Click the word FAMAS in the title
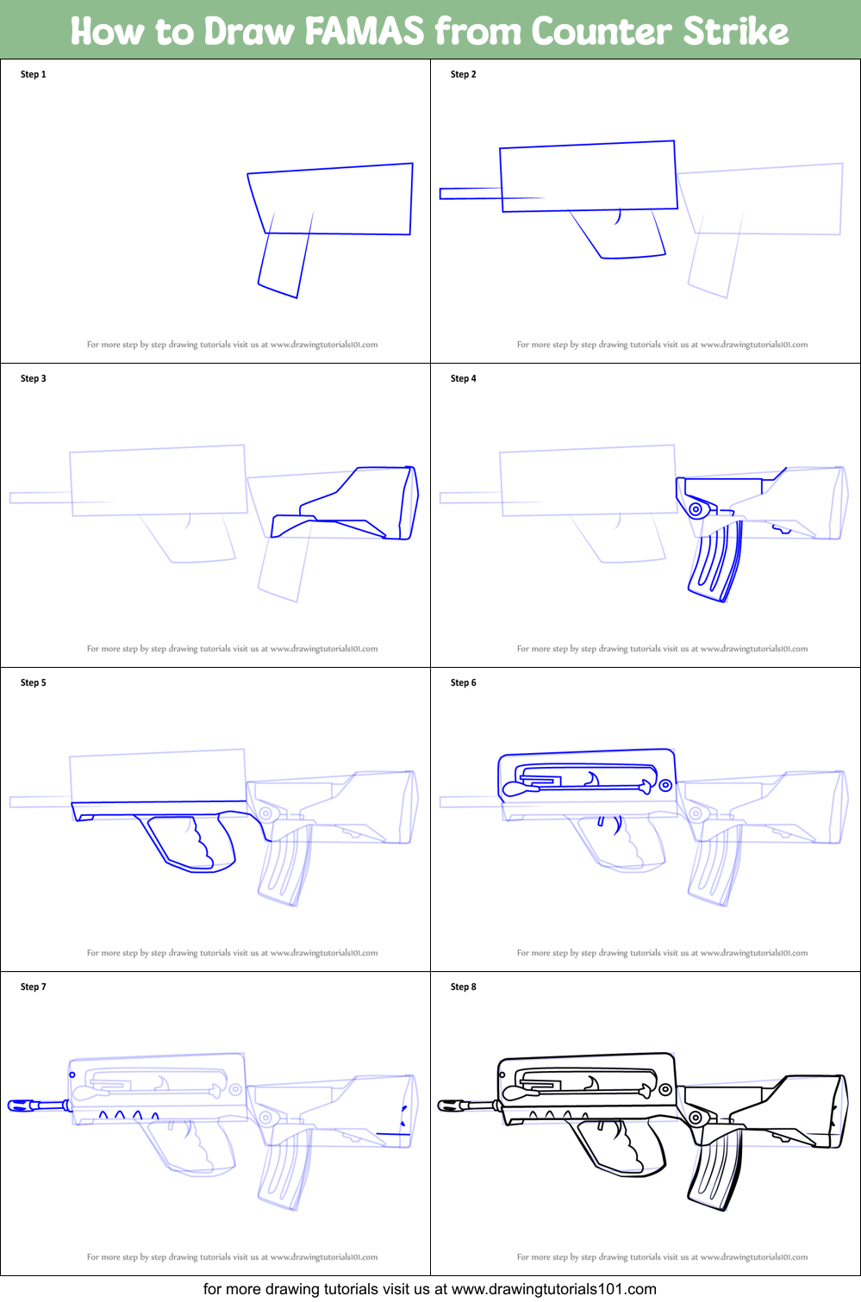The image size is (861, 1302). tap(364, 30)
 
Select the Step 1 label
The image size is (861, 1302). tap(33, 74)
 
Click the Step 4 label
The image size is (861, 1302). tap(464, 378)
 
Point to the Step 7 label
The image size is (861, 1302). tap(33, 987)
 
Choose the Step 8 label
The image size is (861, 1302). tap(464, 987)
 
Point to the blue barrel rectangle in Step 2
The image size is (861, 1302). tap(471, 194)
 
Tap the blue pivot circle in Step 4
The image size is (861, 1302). tap(696, 510)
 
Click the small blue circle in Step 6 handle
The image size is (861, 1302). tap(665, 785)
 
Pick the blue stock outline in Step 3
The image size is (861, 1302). tap(346, 502)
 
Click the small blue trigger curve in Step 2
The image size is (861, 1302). tap(618, 217)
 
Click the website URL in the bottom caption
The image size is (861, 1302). tap(553, 1288)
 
